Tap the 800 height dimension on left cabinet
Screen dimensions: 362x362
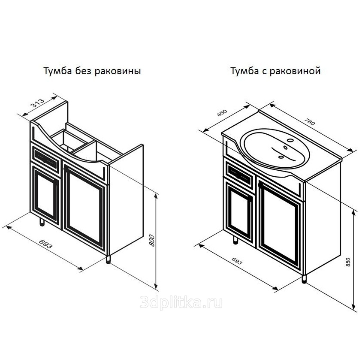[x=152, y=240]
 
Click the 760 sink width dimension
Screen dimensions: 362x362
[x=310, y=122]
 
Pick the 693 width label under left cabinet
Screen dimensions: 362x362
[x=45, y=244]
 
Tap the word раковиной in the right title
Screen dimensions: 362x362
[x=295, y=71]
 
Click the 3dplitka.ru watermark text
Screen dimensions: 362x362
[x=181, y=302]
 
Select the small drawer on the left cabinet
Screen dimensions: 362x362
[x=45, y=159]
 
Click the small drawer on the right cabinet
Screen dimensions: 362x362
[x=240, y=176]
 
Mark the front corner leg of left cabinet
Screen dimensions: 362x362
[x=108, y=259]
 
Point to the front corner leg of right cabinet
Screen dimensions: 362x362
[x=305, y=279]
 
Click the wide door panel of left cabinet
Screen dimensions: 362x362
[x=84, y=208]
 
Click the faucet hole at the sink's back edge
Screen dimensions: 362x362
[x=290, y=140]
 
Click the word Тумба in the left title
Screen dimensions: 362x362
[x=58, y=71]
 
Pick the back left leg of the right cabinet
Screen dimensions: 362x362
[x=235, y=240]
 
